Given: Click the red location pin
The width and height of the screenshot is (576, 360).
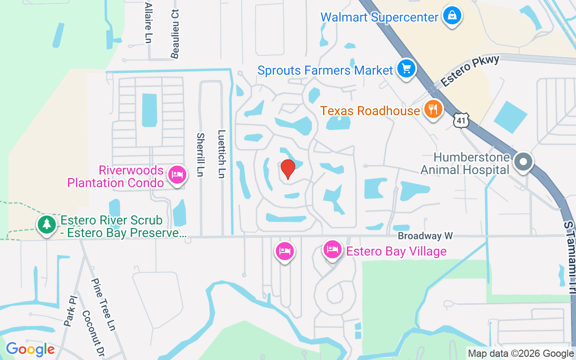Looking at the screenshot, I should tap(288, 169).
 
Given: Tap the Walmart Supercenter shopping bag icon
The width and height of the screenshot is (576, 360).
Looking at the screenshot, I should tap(452, 16).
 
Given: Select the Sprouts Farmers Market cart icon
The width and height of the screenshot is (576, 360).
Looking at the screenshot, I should tap(406, 69).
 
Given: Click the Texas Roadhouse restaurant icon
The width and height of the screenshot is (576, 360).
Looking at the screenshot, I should tap(433, 109).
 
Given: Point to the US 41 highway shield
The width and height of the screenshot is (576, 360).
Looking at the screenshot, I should tap(462, 121).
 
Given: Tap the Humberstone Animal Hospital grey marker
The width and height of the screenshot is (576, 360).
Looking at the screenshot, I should tap(523, 162).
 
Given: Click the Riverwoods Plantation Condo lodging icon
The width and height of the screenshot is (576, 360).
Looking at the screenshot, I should tap(177, 175).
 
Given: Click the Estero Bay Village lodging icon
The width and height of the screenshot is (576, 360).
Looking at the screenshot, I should tap(333, 250).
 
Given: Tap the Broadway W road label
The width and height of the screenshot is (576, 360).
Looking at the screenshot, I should tap(425, 236).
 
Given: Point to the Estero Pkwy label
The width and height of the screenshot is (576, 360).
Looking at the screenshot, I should tap(470, 71).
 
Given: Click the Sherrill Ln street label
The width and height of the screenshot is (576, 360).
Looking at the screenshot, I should tap(201, 154).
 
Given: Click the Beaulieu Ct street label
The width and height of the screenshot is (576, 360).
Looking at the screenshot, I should tap(175, 33).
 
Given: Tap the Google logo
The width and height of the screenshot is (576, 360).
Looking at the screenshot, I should tap(30, 349).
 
